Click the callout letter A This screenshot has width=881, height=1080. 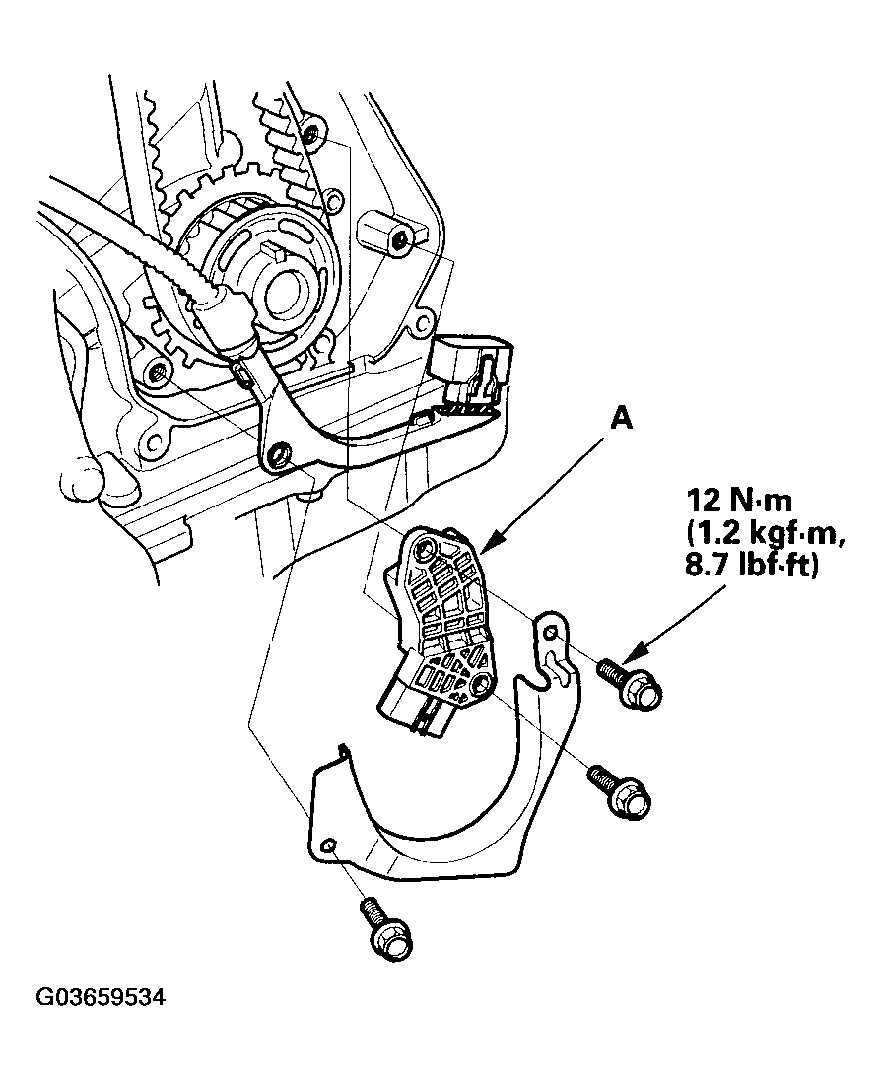click(x=621, y=420)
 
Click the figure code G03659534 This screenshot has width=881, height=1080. click(x=102, y=997)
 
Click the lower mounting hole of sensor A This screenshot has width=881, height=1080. click(x=482, y=686)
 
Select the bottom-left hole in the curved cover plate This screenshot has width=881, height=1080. click(x=328, y=844)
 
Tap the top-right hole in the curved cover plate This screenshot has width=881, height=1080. click(x=550, y=632)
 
